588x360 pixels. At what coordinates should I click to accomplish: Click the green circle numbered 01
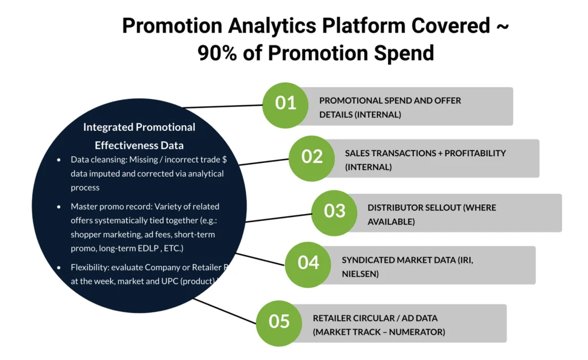point(285,104)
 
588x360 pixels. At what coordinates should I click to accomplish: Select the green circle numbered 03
point(334,211)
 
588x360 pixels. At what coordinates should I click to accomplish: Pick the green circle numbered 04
point(308,263)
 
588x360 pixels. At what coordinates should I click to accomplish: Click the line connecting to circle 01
point(224,106)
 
